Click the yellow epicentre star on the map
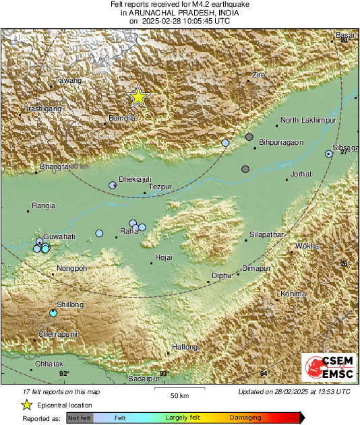pos(138,96)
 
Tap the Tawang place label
pos(68,80)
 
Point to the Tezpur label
pos(160,186)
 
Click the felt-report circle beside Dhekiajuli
pos(113,185)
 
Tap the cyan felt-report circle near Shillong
pos(53,313)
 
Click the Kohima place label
pos(293,294)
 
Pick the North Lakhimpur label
pos(308,120)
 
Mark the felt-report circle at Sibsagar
pos(329,154)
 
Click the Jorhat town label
pos(301,174)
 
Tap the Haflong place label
pos(185,347)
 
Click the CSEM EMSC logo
pos(329,370)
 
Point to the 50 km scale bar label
pos(179,395)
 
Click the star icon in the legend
pos(26,405)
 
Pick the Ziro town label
pos(259,74)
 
